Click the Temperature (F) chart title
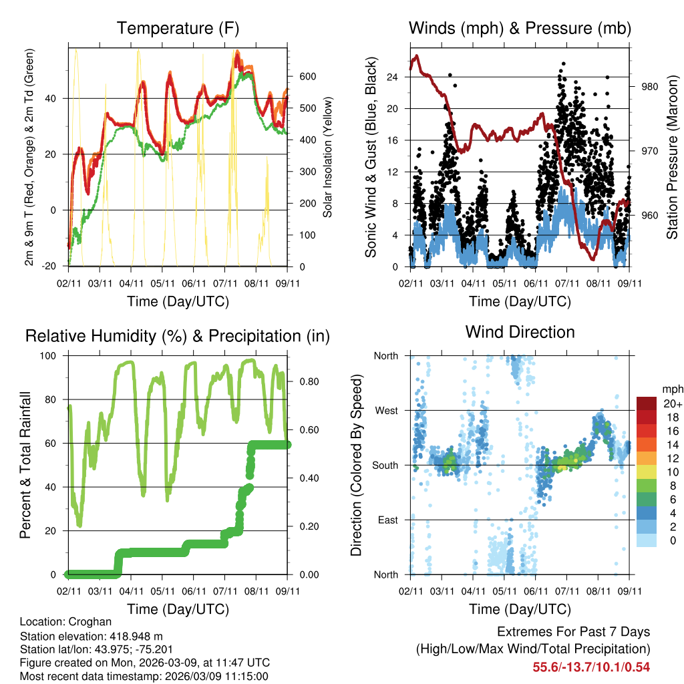pos(178,28)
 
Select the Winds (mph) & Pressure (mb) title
pos(520,28)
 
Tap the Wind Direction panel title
pos(520,332)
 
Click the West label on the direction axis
pos(386,410)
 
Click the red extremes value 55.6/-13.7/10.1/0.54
pos(591,667)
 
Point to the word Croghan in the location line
pos(93,621)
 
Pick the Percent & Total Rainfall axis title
pos(25,466)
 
